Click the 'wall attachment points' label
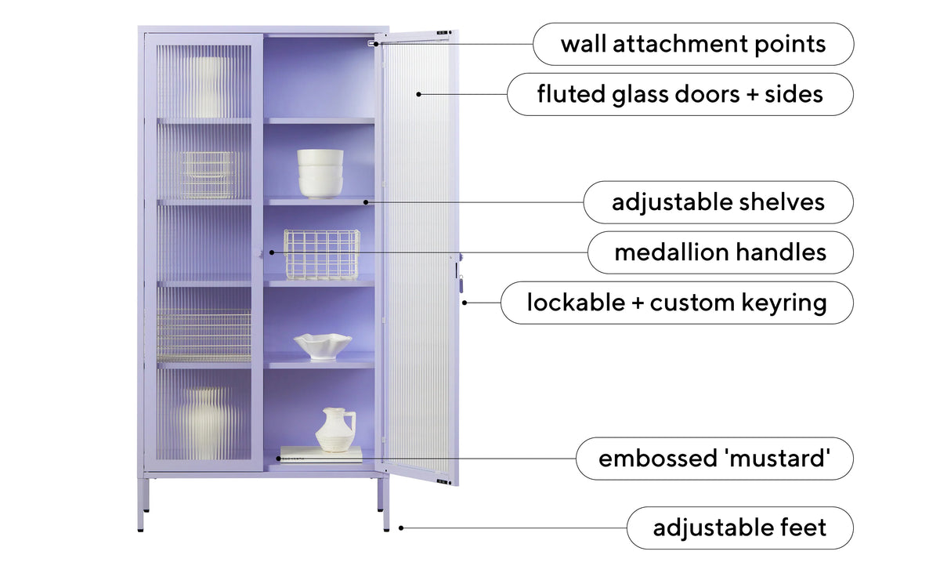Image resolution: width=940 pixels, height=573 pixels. click(x=693, y=44)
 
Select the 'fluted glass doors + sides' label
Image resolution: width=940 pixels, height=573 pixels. click(x=680, y=94)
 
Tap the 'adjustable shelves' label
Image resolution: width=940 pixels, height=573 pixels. click(x=718, y=202)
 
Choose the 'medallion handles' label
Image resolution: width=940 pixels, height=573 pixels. click(x=721, y=252)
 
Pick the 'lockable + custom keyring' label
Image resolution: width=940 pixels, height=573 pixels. click(x=677, y=303)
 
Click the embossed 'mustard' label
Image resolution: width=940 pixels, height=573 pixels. click(x=714, y=459)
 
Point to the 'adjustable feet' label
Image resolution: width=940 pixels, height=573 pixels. click(x=740, y=528)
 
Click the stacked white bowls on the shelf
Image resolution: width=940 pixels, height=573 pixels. click(x=320, y=173)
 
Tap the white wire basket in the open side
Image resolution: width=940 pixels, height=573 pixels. click(x=322, y=255)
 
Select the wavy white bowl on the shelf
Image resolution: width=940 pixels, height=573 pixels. click(x=323, y=346)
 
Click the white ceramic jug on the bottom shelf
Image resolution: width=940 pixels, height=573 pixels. click(x=336, y=430)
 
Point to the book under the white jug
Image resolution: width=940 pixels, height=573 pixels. click(x=321, y=455)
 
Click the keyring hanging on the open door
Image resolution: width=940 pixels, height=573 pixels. click(x=461, y=283)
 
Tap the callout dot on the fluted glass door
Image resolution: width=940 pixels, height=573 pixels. click(x=418, y=94)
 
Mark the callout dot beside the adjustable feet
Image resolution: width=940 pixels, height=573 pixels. click(x=401, y=528)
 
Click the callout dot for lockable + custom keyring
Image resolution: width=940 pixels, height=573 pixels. click(x=465, y=303)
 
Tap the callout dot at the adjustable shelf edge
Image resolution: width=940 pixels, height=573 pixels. click(x=366, y=202)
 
